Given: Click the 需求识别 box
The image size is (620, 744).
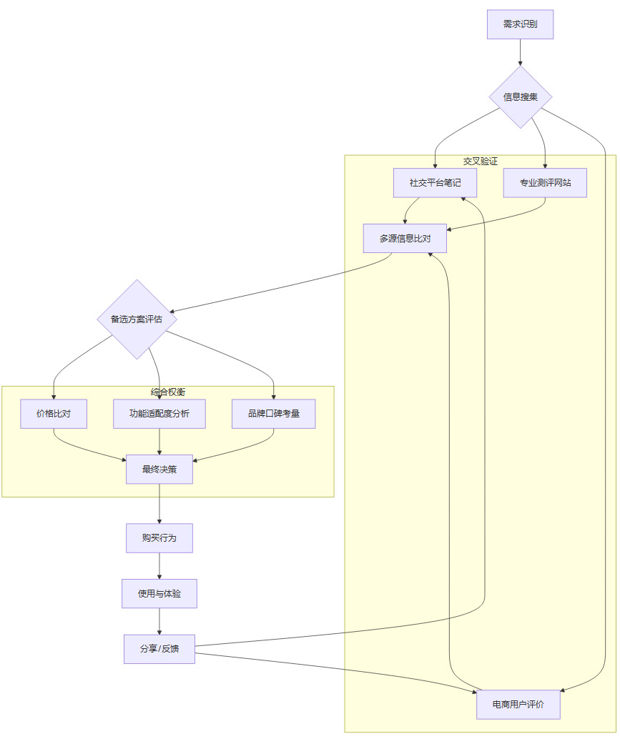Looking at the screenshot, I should [520, 24].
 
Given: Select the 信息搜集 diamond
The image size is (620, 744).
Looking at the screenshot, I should [520, 97].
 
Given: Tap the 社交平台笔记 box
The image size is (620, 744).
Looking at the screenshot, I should [435, 183].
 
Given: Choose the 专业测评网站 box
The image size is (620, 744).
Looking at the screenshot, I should [545, 183].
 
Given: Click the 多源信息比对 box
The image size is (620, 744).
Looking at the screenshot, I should [405, 239].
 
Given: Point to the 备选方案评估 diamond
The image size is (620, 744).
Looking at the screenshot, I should [137, 319].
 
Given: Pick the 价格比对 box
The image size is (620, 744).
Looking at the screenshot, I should [54, 414].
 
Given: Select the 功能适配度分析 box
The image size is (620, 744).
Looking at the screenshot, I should [159, 414].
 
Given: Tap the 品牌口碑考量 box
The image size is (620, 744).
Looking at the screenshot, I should [274, 414].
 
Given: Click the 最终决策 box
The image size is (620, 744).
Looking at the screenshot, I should [159, 470].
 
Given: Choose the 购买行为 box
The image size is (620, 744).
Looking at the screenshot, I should [159, 538].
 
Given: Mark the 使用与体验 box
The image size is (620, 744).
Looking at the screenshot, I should [159, 594].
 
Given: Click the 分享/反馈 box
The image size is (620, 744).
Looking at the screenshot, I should [159, 649].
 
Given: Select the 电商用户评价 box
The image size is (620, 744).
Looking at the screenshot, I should [518, 705].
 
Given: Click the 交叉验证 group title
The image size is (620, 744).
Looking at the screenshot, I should [480, 162].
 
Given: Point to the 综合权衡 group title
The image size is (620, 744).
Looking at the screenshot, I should [168, 392].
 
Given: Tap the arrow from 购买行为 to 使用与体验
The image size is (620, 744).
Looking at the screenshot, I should [159, 566].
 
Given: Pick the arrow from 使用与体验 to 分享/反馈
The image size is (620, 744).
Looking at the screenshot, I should [159, 621].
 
